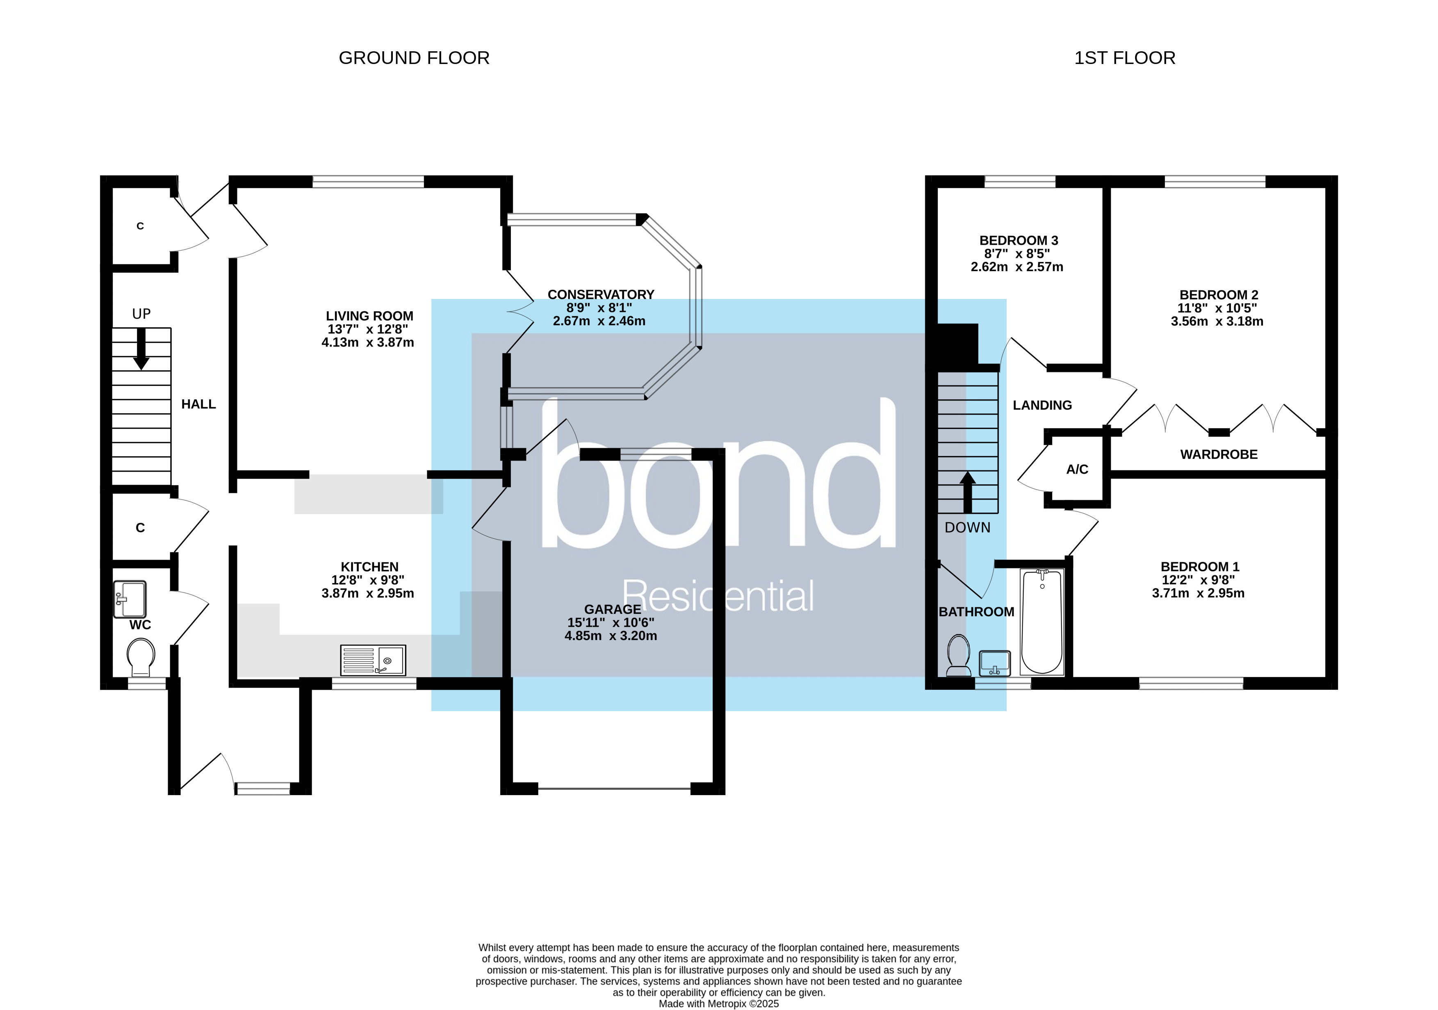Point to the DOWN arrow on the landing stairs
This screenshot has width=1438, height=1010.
point(968,492)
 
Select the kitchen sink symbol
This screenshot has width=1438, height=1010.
point(373,660)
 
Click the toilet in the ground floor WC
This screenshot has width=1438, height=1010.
point(140,656)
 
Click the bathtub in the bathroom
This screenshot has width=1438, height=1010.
point(1041,621)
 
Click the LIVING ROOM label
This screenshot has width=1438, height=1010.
point(369,316)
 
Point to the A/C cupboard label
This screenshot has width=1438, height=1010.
point(1077,469)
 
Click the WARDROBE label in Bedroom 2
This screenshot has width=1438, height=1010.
point(1218,455)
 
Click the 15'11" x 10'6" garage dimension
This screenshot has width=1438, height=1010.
point(611,622)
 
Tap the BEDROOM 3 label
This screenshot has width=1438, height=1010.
point(1019,240)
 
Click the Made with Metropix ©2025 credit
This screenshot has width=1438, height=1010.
point(718,1004)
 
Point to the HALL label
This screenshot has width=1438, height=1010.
point(198,404)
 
